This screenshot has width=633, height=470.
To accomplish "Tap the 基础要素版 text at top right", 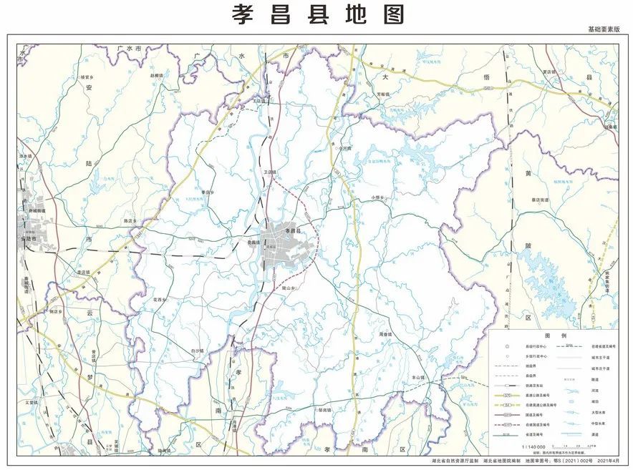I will (x=605, y=29).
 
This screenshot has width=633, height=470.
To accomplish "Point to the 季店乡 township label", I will (x=207, y=192).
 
